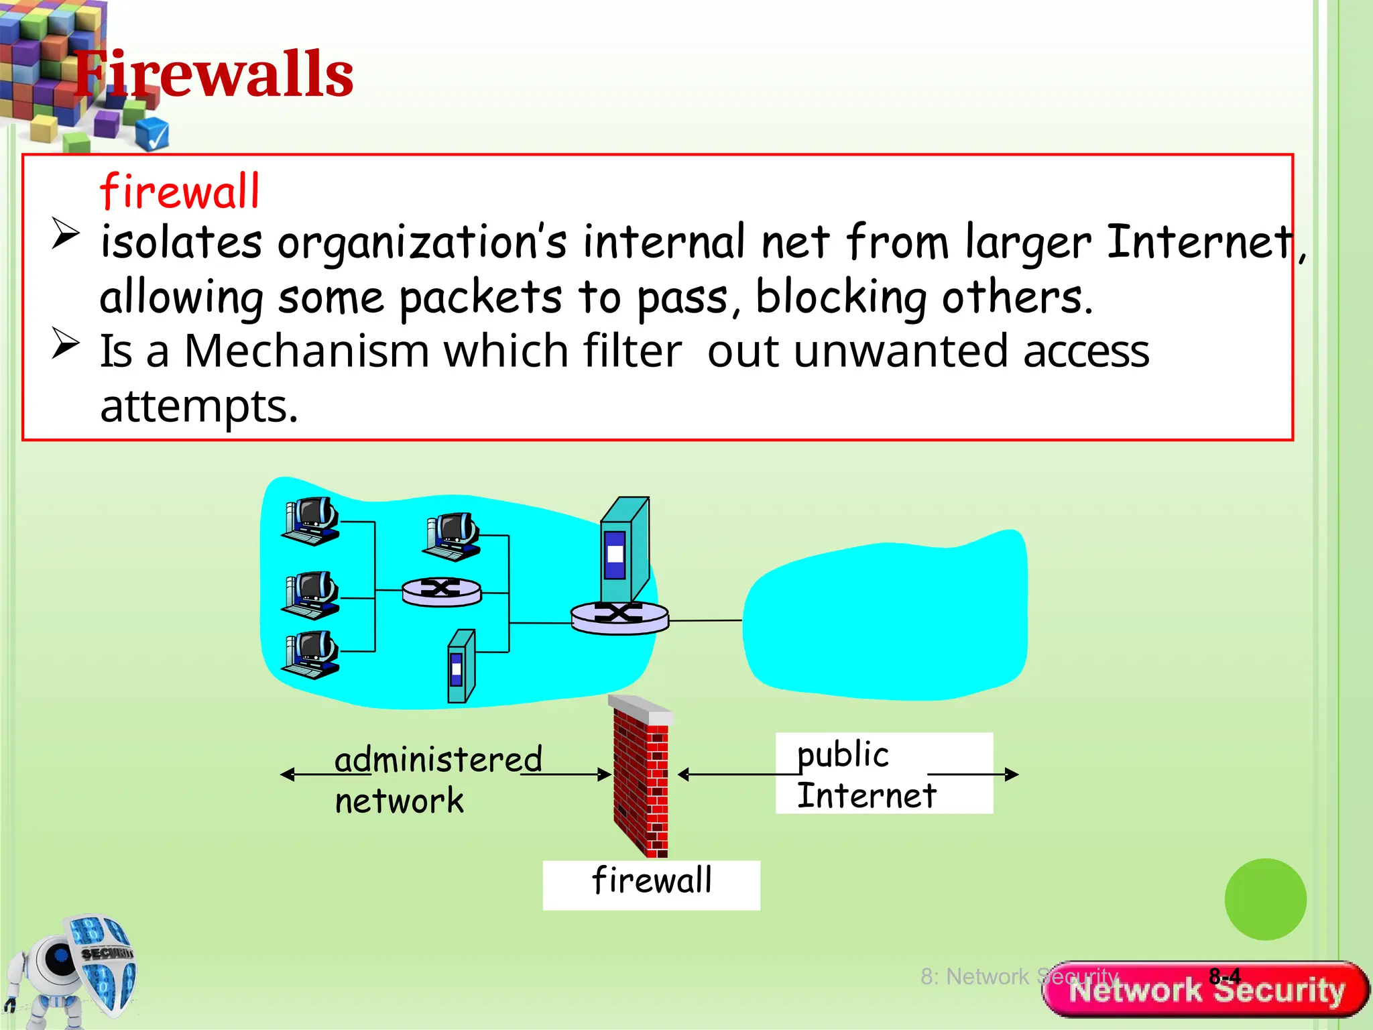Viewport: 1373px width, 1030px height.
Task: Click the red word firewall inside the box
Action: [179, 192]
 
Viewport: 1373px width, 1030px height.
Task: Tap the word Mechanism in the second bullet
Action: [306, 351]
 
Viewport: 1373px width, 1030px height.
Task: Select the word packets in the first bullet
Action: [480, 297]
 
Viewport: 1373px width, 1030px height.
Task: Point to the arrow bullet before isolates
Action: [66, 234]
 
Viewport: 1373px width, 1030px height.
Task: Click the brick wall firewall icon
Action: [641, 778]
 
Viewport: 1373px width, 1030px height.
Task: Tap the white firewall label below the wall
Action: [651, 884]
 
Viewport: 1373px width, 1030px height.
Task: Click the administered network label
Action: [437, 779]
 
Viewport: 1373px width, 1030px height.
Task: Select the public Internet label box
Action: [883, 773]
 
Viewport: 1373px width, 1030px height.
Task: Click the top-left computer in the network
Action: [310, 521]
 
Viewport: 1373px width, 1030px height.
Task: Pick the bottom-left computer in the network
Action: [310, 654]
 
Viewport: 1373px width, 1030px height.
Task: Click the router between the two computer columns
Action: [441, 591]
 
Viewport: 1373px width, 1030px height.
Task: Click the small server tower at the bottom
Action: [461, 666]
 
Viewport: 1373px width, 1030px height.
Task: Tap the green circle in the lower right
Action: [1265, 899]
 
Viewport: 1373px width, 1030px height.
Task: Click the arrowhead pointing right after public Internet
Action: [1012, 775]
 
